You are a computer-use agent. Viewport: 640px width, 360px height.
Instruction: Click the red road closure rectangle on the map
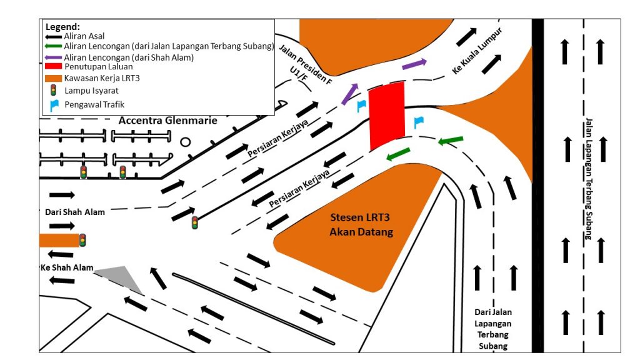pos(387,117)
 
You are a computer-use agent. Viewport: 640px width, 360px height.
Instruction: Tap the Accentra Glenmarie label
pos(168,121)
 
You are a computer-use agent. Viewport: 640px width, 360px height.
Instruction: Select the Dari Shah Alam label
pos(75,212)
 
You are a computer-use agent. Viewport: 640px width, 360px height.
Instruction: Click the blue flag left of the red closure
pos(361,106)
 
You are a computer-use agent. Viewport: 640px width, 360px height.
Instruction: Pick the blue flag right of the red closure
pos(418,122)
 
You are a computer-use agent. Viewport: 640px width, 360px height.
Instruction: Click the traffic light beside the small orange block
pos(82,240)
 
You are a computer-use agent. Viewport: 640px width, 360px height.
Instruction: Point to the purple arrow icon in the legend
pos(53,57)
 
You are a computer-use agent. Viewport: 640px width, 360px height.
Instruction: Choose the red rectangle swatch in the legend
pos(53,66)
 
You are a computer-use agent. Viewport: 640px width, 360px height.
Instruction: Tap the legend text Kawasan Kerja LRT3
pos(103,77)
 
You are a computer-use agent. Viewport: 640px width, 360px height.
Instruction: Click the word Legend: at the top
pos(62,27)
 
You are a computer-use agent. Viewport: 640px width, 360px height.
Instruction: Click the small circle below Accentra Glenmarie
pos(186,142)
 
